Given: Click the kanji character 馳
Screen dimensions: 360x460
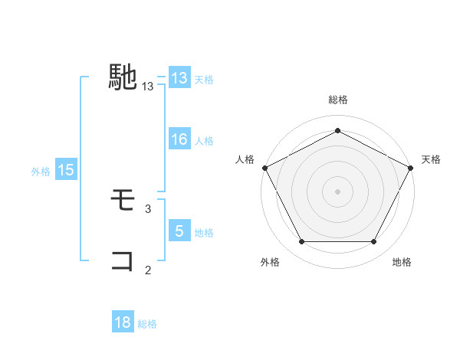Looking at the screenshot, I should tap(123, 77).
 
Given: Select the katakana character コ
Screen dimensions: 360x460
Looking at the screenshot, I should tap(123, 260).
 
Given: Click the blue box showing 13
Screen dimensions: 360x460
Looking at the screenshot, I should tap(179, 78).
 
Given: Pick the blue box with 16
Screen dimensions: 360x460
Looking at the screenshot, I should tap(179, 139).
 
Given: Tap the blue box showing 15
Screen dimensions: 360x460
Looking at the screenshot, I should tap(66, 171).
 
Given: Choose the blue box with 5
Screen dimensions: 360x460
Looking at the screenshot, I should tap(179, 231).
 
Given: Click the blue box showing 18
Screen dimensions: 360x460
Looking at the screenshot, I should tap(123, 322).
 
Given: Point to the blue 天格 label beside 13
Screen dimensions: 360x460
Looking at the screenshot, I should tap(204, 80).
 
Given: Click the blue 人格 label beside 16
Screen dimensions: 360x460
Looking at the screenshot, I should tap(204, 141).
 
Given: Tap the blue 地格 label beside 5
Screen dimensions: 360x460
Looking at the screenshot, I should tap(204, 233).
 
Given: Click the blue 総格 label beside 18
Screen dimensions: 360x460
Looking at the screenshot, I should tap(147, 324).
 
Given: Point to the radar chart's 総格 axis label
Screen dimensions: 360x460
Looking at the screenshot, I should tap(337, 100).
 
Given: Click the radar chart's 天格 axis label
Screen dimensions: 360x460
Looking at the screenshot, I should tap(431, 159).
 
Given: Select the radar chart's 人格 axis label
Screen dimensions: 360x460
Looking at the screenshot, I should tap(245, 159).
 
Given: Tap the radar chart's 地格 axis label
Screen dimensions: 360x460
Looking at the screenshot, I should tap(402, 263).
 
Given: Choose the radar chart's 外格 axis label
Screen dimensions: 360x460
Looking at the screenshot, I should tap(270, 263).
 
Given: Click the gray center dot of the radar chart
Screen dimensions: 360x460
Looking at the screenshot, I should tap(337, 191).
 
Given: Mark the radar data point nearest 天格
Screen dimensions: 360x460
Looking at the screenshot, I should tap(412, 168).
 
